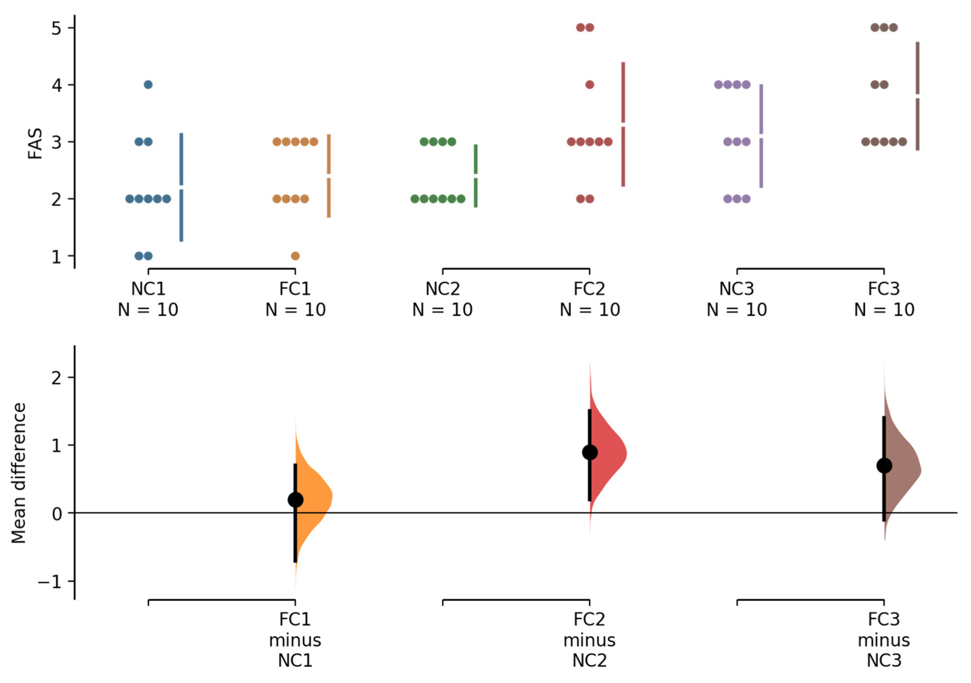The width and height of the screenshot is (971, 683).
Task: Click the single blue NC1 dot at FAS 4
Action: tap(148, 85)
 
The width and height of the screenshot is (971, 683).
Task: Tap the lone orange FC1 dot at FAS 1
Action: tap(295, 256)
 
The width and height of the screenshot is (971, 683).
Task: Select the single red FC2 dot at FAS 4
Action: tap(589, 85)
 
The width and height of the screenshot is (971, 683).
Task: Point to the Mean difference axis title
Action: tap(19, 473)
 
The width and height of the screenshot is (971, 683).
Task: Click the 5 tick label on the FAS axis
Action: tap(57, 28)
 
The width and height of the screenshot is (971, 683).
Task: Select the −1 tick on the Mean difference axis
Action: tap(50, 582)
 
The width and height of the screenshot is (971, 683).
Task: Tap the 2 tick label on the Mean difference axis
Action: tap(57, 378)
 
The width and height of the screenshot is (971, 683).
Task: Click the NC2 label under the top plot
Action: tap(442, 289)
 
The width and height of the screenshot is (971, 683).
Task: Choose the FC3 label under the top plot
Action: tap(884, 289)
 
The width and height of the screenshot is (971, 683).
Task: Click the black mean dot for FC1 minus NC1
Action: tap(295, 500)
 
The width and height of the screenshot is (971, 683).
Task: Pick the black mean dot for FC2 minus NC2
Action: tap(589, 453)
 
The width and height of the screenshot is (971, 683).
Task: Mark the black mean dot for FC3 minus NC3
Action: tap(884, 466)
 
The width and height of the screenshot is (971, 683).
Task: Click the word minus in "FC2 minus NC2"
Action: tap(589, 640)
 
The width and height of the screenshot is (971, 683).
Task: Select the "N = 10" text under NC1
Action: tap(148, 310)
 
